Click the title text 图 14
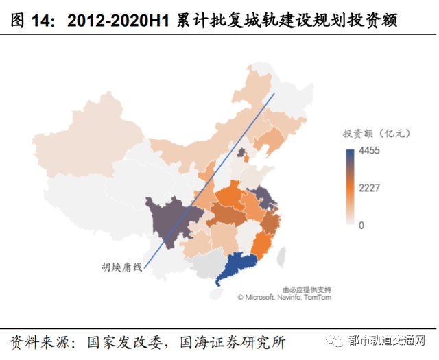[x=32, y=21]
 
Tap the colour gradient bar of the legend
[x=349, y=187]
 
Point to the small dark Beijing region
[x=243, y=153]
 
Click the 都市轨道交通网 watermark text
[x=387, y=341]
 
